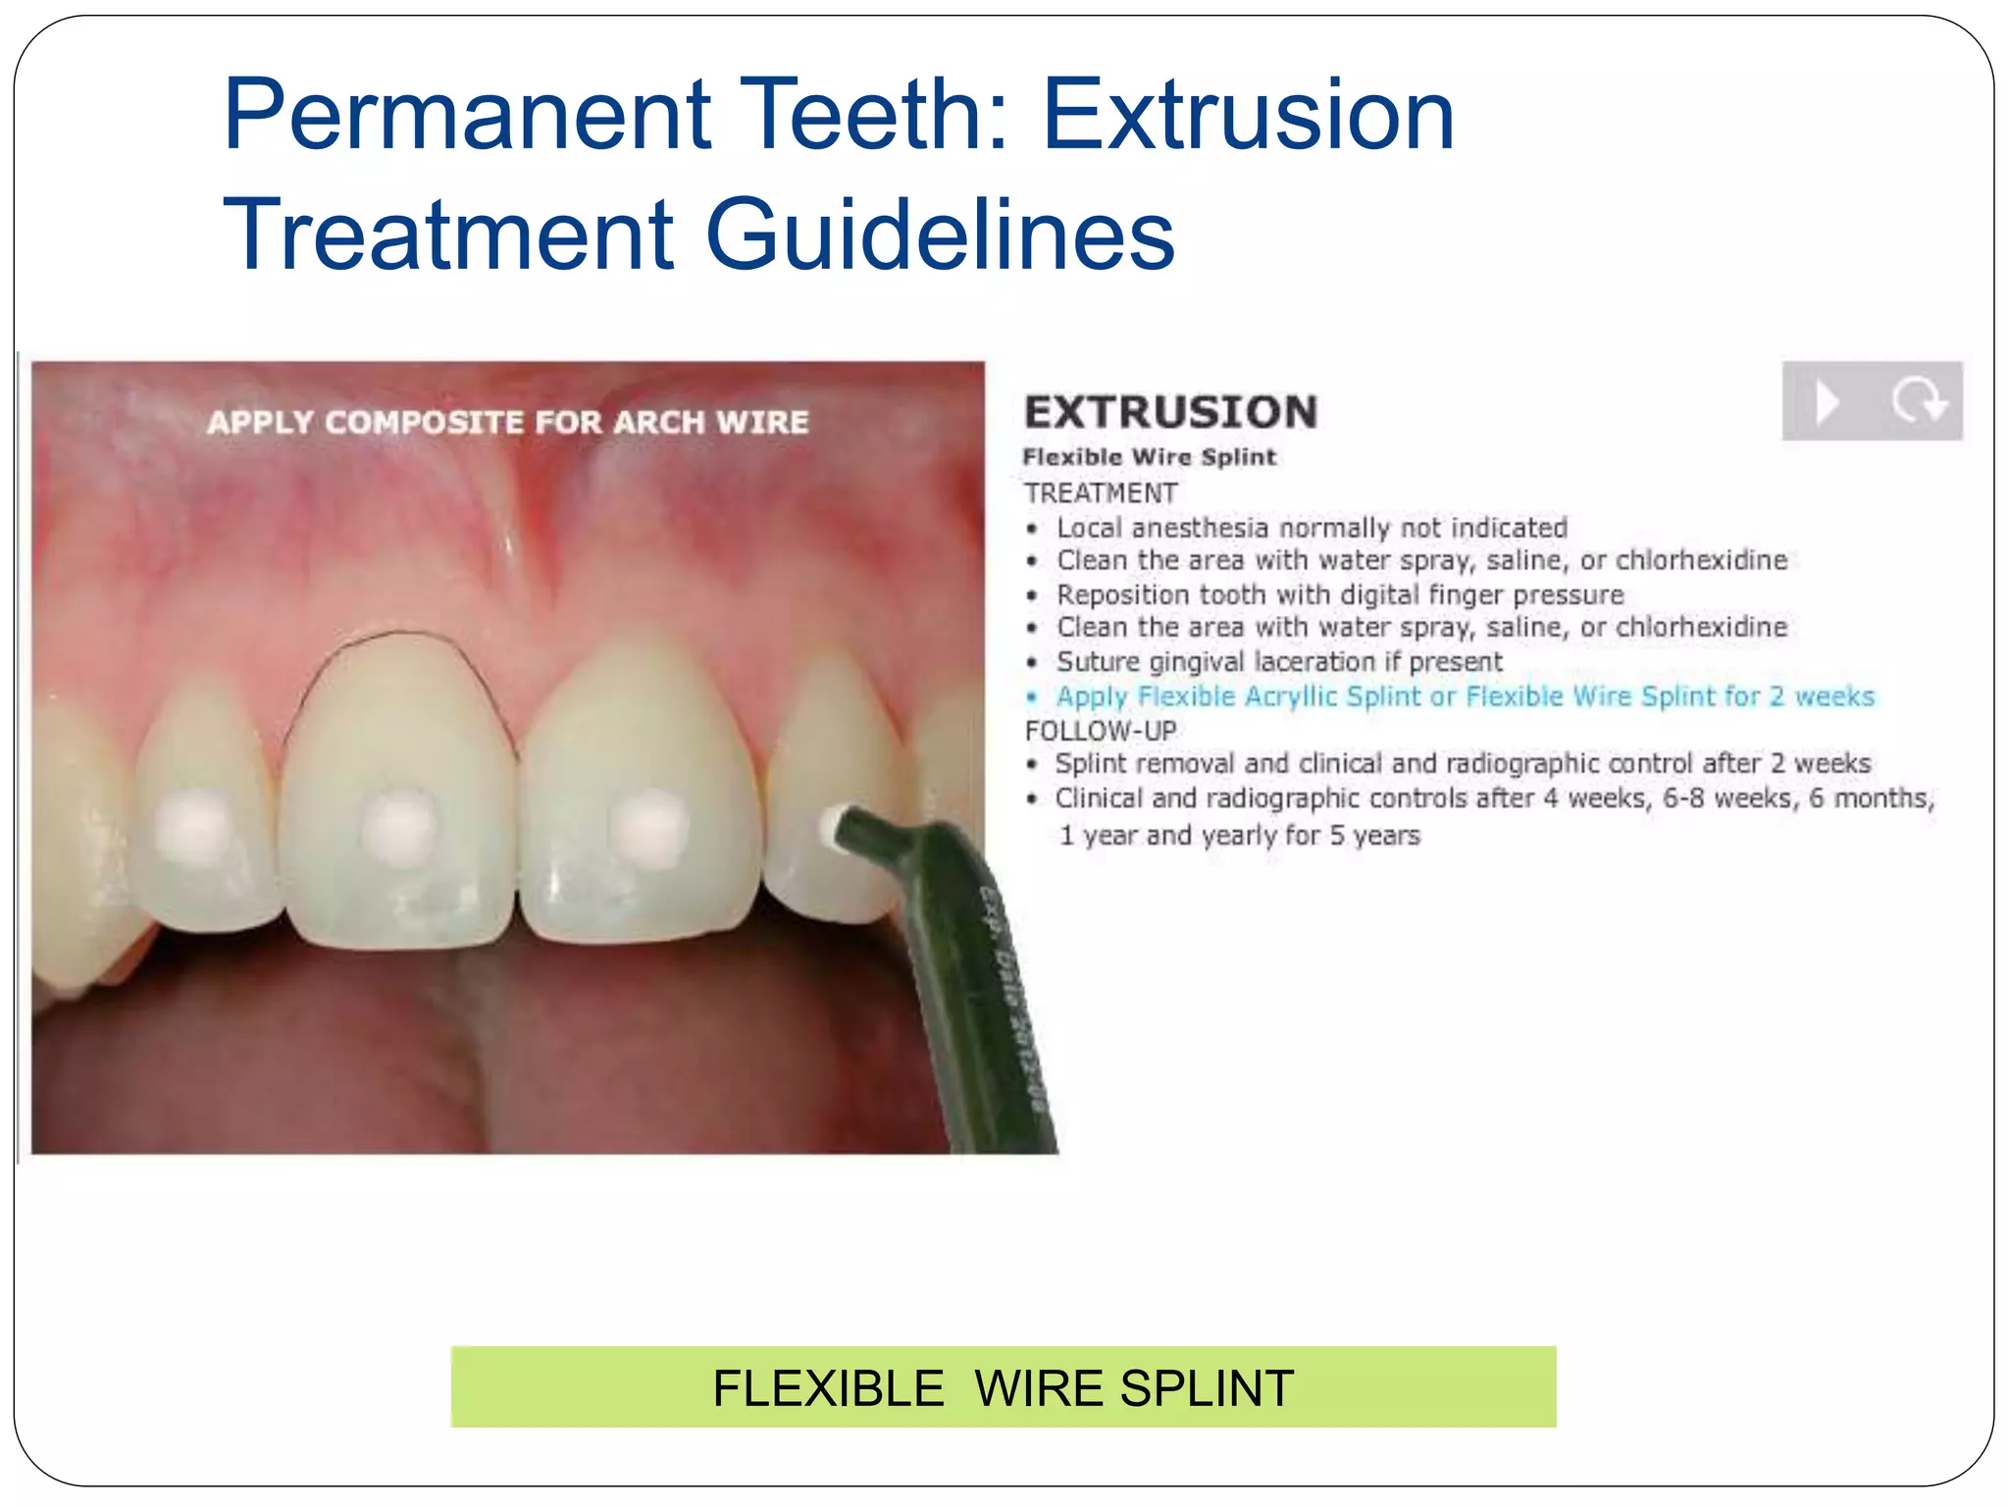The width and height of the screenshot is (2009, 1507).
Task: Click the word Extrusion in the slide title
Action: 1248,116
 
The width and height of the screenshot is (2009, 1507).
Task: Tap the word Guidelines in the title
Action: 940,235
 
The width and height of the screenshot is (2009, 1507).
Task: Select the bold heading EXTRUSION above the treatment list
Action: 1170,412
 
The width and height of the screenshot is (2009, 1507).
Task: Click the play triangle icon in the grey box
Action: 1827,401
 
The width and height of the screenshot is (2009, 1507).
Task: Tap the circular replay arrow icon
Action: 1918,401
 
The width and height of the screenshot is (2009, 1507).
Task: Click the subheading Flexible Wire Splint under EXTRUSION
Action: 1150,457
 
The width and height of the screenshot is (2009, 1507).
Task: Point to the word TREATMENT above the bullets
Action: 1101,493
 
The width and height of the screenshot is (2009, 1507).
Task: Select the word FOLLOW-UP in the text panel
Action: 1101,731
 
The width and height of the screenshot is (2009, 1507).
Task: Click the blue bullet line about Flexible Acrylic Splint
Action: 1465,697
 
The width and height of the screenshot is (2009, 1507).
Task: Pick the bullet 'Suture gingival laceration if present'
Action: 1278,662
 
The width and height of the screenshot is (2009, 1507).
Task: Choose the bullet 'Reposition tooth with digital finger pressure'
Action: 1339,595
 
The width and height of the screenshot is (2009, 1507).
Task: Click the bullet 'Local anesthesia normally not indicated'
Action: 1312,528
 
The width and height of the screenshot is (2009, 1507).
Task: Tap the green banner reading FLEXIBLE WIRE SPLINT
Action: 1003,1387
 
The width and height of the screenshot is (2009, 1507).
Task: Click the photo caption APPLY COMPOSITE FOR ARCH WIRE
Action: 507,423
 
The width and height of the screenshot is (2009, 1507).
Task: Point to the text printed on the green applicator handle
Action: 1010,991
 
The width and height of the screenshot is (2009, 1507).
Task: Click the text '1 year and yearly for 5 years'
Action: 1239,836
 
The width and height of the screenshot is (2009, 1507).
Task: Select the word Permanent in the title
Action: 467,116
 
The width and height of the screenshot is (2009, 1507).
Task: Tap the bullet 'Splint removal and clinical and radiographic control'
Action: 1463,763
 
